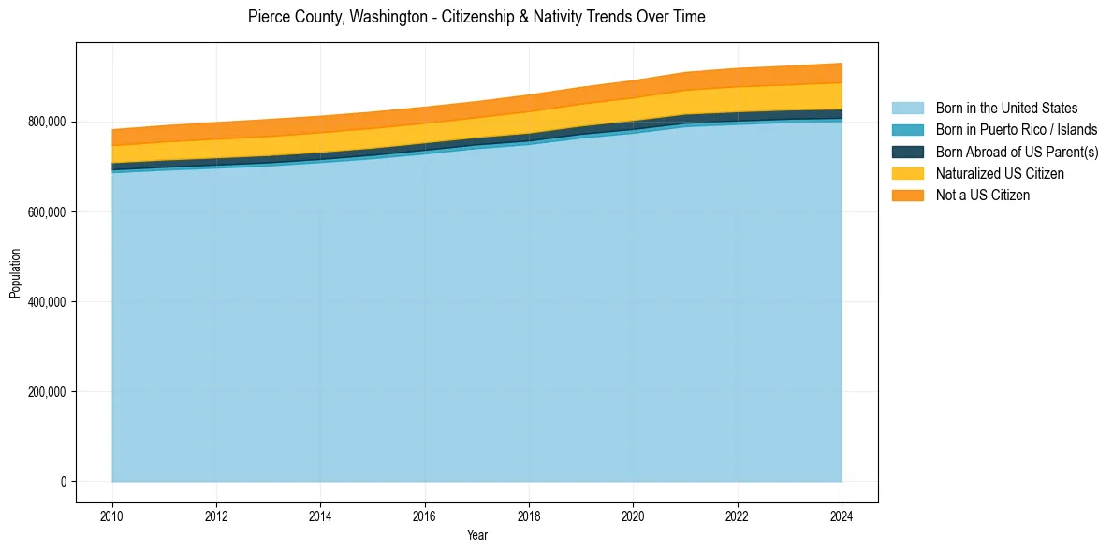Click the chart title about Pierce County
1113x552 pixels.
[x=476, y=17]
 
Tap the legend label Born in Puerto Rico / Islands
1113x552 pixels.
[x=1017, y=130]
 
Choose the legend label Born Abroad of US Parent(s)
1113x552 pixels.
[x=1017, y=152]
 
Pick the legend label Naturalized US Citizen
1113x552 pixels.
[x=1000, y=173]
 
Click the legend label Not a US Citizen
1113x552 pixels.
[x=983, y=195]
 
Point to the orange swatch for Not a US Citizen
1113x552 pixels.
[x=907, y=195]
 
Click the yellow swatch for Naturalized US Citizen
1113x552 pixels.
[x=907, y=173]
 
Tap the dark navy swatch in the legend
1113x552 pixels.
[x=907, y=152]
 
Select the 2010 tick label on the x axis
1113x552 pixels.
[x=112, y=516]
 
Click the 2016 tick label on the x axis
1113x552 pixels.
[x=425, y=516]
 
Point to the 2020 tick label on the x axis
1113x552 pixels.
[x=634, y=516]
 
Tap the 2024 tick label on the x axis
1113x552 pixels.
[x=842, y=516]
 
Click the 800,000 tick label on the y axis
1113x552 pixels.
[x=47, y=123]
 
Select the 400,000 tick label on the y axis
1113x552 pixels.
[x=47, y=302]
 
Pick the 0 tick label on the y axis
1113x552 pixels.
[x=63, y=482]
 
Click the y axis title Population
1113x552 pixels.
[x=15, y=273]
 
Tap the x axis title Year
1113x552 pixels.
[x=476, y=536]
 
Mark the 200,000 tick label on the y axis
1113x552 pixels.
[x=47, y=392]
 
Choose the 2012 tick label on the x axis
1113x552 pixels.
[x=216, y=516]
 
